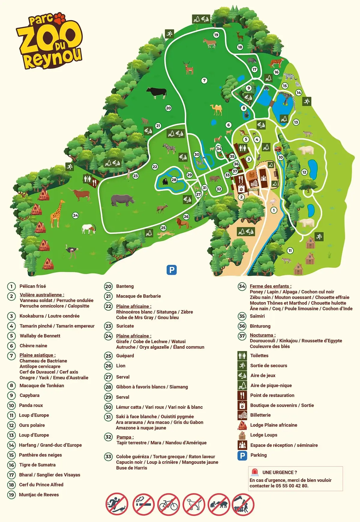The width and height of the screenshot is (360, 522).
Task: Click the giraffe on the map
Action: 57,213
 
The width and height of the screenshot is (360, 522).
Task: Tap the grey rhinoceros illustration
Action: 122,200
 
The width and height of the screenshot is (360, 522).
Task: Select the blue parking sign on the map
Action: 172,270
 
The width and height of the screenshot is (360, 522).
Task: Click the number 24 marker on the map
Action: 75,215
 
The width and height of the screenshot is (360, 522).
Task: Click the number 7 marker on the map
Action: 204,80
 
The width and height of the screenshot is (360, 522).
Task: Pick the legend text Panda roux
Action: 31,405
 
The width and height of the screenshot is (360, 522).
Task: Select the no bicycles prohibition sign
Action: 169,504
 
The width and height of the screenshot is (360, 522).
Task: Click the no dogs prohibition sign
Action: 194,504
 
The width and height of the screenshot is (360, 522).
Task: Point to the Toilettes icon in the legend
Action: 242,356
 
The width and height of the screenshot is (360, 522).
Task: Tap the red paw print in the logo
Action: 60,19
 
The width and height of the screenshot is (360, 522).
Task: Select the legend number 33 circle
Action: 108,457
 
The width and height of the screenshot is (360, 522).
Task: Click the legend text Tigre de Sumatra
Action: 37,465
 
